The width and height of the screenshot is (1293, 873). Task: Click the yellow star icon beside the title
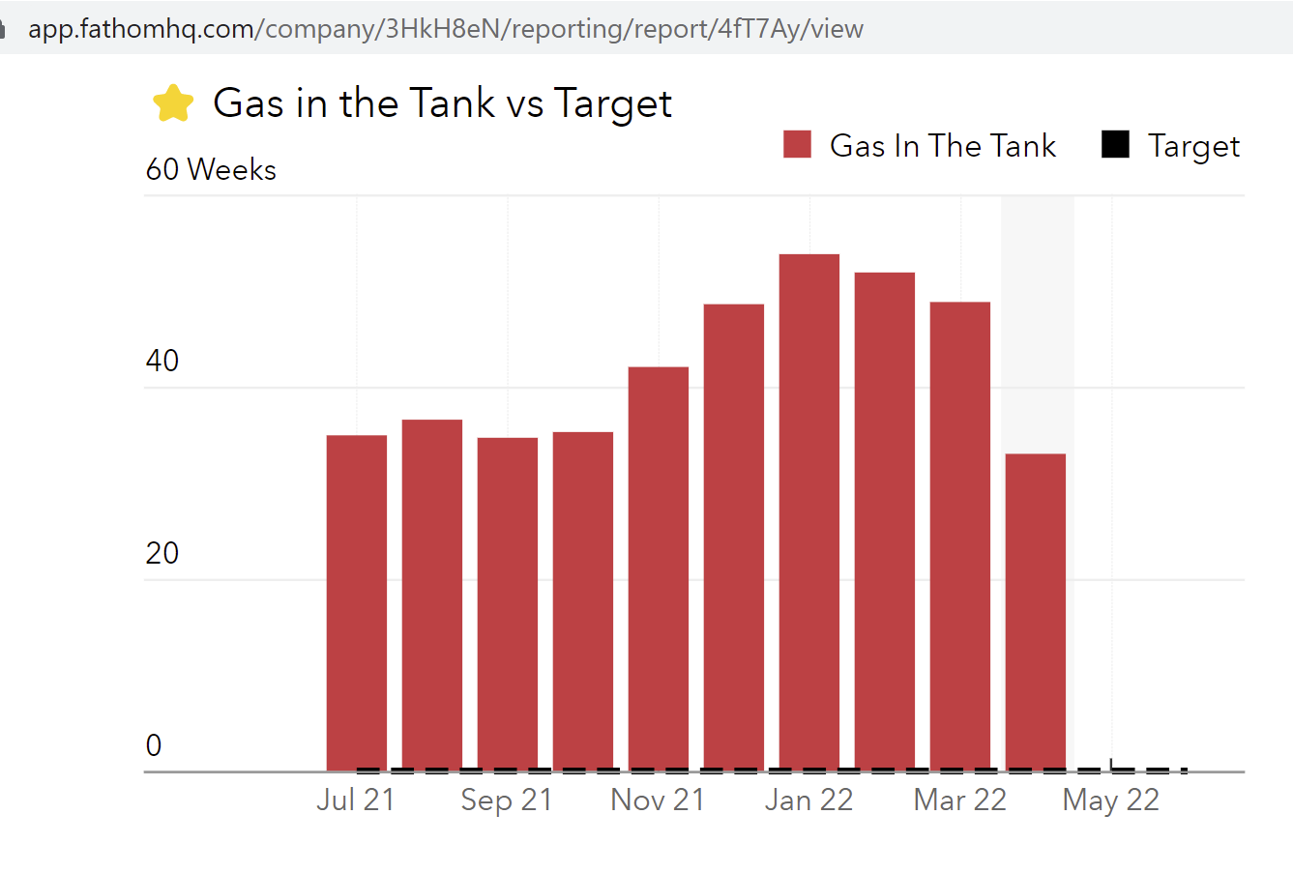[x=173, y=103]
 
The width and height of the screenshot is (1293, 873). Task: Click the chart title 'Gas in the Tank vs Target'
[x=442, y=103]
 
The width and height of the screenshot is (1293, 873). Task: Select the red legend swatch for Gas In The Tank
[x=797, y=145]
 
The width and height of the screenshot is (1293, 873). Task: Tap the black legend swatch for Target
[x=1115, y=145]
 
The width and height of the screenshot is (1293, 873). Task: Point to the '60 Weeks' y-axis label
[x=211, y=170]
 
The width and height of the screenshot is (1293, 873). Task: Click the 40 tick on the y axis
[x=162, y=362]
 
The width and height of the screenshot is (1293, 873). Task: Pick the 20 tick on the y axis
[x=162, y=554]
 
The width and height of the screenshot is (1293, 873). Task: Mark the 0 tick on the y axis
[x=154, y=746]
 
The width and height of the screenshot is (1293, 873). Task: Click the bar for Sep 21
[x=508, y=604]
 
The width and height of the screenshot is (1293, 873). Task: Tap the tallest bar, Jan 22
[x=809, y=512]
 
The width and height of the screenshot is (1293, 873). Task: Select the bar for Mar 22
[x=960, y=537]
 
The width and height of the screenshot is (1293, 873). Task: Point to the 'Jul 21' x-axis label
[x=356, y=800]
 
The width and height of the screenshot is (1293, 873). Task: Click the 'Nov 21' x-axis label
[x=658, y=800]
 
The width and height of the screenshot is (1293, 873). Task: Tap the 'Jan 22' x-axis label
[x=809, y=800]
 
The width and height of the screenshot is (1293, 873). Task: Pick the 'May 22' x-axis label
[x=1111, y=800]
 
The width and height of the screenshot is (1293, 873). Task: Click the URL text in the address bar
[x=445, y=29]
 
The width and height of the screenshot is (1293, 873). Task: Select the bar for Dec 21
[x=734, y=538]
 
